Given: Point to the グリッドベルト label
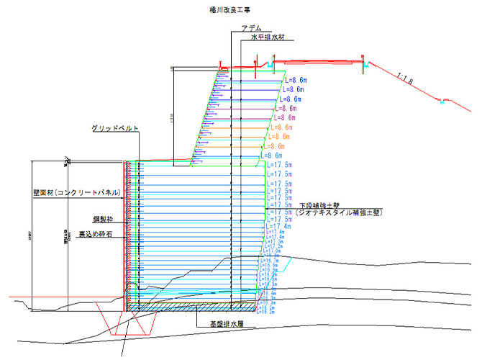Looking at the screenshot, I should coord(115,128).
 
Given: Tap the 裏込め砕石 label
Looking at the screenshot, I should coord(95,234).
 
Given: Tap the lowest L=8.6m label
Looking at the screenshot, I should coord(273,156).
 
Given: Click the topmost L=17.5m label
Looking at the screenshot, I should coord(279,165).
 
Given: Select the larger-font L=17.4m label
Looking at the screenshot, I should coord(278,227).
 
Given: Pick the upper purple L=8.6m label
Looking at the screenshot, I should coord(288,108).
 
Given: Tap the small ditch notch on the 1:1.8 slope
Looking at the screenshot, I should coord(443,101).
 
